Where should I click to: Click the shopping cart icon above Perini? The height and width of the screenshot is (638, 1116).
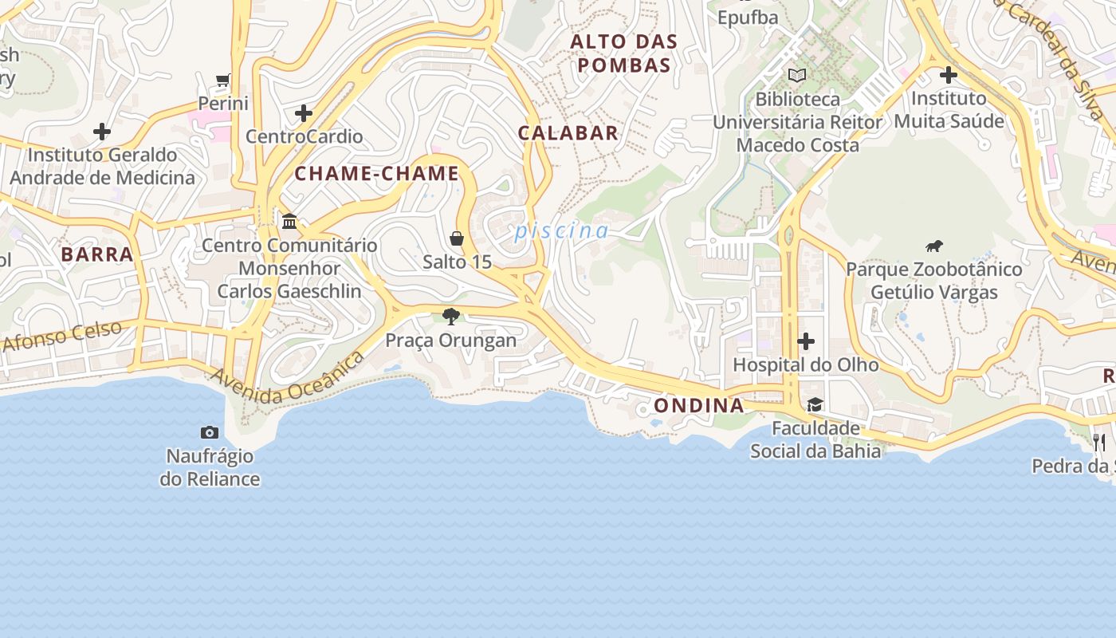pos(223,80)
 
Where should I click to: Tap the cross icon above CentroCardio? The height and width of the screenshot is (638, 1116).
pos(304,113)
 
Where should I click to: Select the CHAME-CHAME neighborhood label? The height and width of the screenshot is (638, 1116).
pos(377,174)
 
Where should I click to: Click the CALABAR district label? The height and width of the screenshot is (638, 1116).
pos(568,133)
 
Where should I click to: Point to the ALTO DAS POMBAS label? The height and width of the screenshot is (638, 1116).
pos(624,53)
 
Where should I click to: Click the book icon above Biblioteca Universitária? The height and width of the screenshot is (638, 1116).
pos(797,76)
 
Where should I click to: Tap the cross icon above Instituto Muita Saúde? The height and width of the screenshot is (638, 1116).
pos(948,76)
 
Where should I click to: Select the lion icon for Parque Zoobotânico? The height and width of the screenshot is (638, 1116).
pos(934,246)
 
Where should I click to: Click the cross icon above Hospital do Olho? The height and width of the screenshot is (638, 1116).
pos(806,342)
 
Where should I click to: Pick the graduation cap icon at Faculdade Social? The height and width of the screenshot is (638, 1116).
pos(815,405)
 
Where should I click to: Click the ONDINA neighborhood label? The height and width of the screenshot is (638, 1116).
pos(699,406)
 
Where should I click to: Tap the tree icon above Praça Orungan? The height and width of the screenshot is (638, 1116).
pos(451,317)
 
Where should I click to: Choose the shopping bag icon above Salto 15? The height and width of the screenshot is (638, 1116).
pos(457,238)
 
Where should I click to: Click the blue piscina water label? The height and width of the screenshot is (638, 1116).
pos(561,232)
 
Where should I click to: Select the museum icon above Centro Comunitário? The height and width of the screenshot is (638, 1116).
pos(289,221)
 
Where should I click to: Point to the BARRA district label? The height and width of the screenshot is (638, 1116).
pos(97,255)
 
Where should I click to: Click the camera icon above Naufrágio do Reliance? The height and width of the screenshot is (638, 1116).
pos(210,433)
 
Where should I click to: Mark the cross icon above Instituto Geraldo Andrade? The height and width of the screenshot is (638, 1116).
pos(102,132)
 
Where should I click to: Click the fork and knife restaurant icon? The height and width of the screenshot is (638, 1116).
pos(1099,442)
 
